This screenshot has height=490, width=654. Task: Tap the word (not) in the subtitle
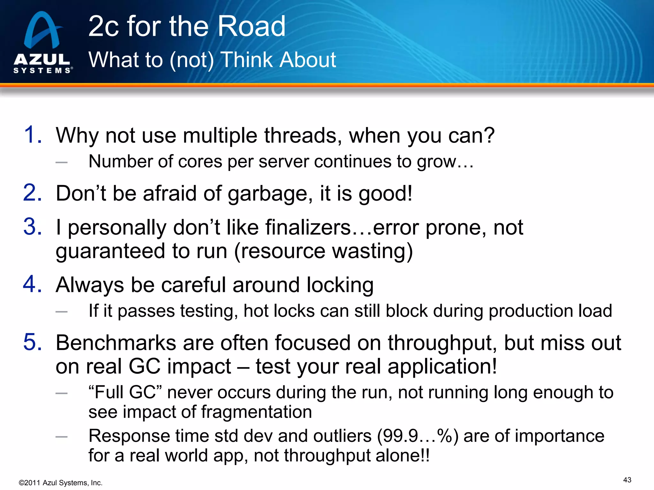[x=192, y=60]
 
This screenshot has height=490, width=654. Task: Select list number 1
[x=33, y=135]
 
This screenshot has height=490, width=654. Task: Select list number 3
[x=33, y=227]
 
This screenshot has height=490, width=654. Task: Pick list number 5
[x=33, y=343]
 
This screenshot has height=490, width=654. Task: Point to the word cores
[x=200, y=161]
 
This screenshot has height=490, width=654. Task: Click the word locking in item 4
[x=340, y=285]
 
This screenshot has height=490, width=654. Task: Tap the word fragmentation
[x=256, y=412]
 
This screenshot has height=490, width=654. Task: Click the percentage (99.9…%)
[x=418, y=436]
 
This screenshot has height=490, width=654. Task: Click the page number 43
[x=627, y=480]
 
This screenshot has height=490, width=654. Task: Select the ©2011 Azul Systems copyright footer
[x=61, y=483]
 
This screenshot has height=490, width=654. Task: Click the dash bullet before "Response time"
[x=61, y=437]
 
